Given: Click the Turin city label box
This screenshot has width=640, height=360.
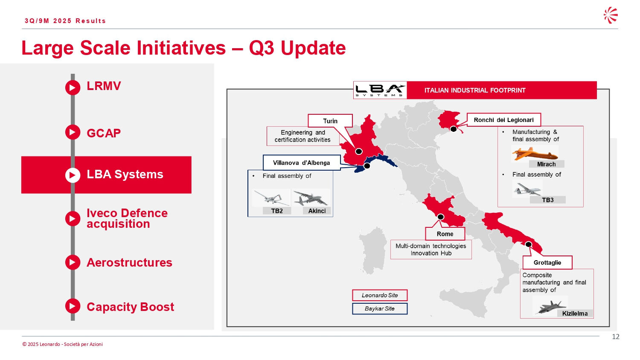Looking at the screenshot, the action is click(330, 121).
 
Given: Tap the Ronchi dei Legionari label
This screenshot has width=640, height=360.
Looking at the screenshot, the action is click(504, 120).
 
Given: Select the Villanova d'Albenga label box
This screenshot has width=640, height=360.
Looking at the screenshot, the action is click(301, 163).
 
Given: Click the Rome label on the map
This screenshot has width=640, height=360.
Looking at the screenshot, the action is click(445, 234).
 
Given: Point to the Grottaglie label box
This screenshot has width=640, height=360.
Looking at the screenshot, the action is click(547, 263).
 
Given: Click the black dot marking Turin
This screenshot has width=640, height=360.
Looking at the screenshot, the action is click(358, 151).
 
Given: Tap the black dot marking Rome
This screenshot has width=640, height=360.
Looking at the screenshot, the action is click(441, 217).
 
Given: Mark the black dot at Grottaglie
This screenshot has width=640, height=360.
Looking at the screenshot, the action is click(528, 244).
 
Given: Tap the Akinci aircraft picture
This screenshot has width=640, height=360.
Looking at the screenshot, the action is click(311, 198).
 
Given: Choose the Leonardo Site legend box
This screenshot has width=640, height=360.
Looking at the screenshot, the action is click(380, 295).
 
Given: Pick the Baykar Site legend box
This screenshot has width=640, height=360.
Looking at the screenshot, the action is click(380, 308).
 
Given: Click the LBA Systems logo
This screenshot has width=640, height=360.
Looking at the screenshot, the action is click(380, 90).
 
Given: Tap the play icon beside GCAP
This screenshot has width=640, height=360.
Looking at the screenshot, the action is click(73, 132).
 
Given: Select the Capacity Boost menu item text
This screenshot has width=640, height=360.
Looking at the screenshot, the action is click(130, 307).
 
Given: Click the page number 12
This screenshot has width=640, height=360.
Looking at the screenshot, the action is click(615, 337).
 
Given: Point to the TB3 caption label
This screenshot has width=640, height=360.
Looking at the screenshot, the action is click(548, 200).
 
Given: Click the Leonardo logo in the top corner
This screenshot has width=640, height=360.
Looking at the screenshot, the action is click(611, 15).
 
